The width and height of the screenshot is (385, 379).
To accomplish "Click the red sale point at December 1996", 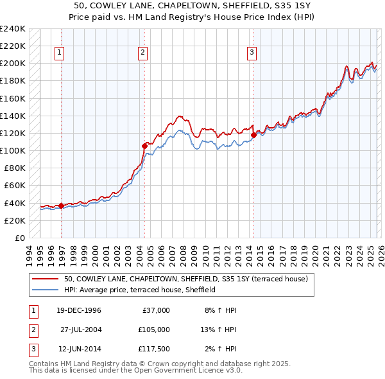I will click(62, 206).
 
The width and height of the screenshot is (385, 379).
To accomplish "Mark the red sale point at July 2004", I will click(144, 146).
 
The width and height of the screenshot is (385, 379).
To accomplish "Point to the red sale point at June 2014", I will click(253, 135).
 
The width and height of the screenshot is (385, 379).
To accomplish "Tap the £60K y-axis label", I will click(15, 186).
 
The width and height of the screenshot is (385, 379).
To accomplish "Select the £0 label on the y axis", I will click(19, 238).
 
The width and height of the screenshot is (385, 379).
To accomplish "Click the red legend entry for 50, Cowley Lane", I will click(186, 279).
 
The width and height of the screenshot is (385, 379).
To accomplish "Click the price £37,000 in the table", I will click(155, 310).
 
